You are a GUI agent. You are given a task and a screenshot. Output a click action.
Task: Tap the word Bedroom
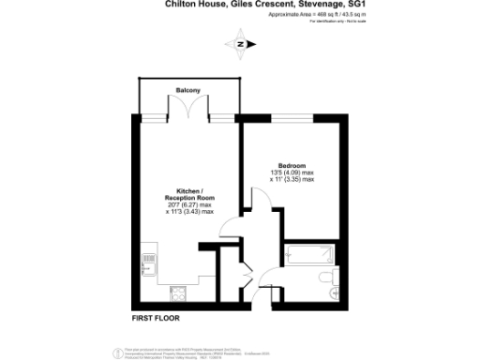click(x=292, y=165)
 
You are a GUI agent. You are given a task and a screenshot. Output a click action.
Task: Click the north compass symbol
click(x=241, y=44)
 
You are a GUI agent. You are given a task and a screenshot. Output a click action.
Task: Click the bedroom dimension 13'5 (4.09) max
click(x=292, y=172)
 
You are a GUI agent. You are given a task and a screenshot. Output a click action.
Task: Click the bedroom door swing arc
click(x=254, y=201)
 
